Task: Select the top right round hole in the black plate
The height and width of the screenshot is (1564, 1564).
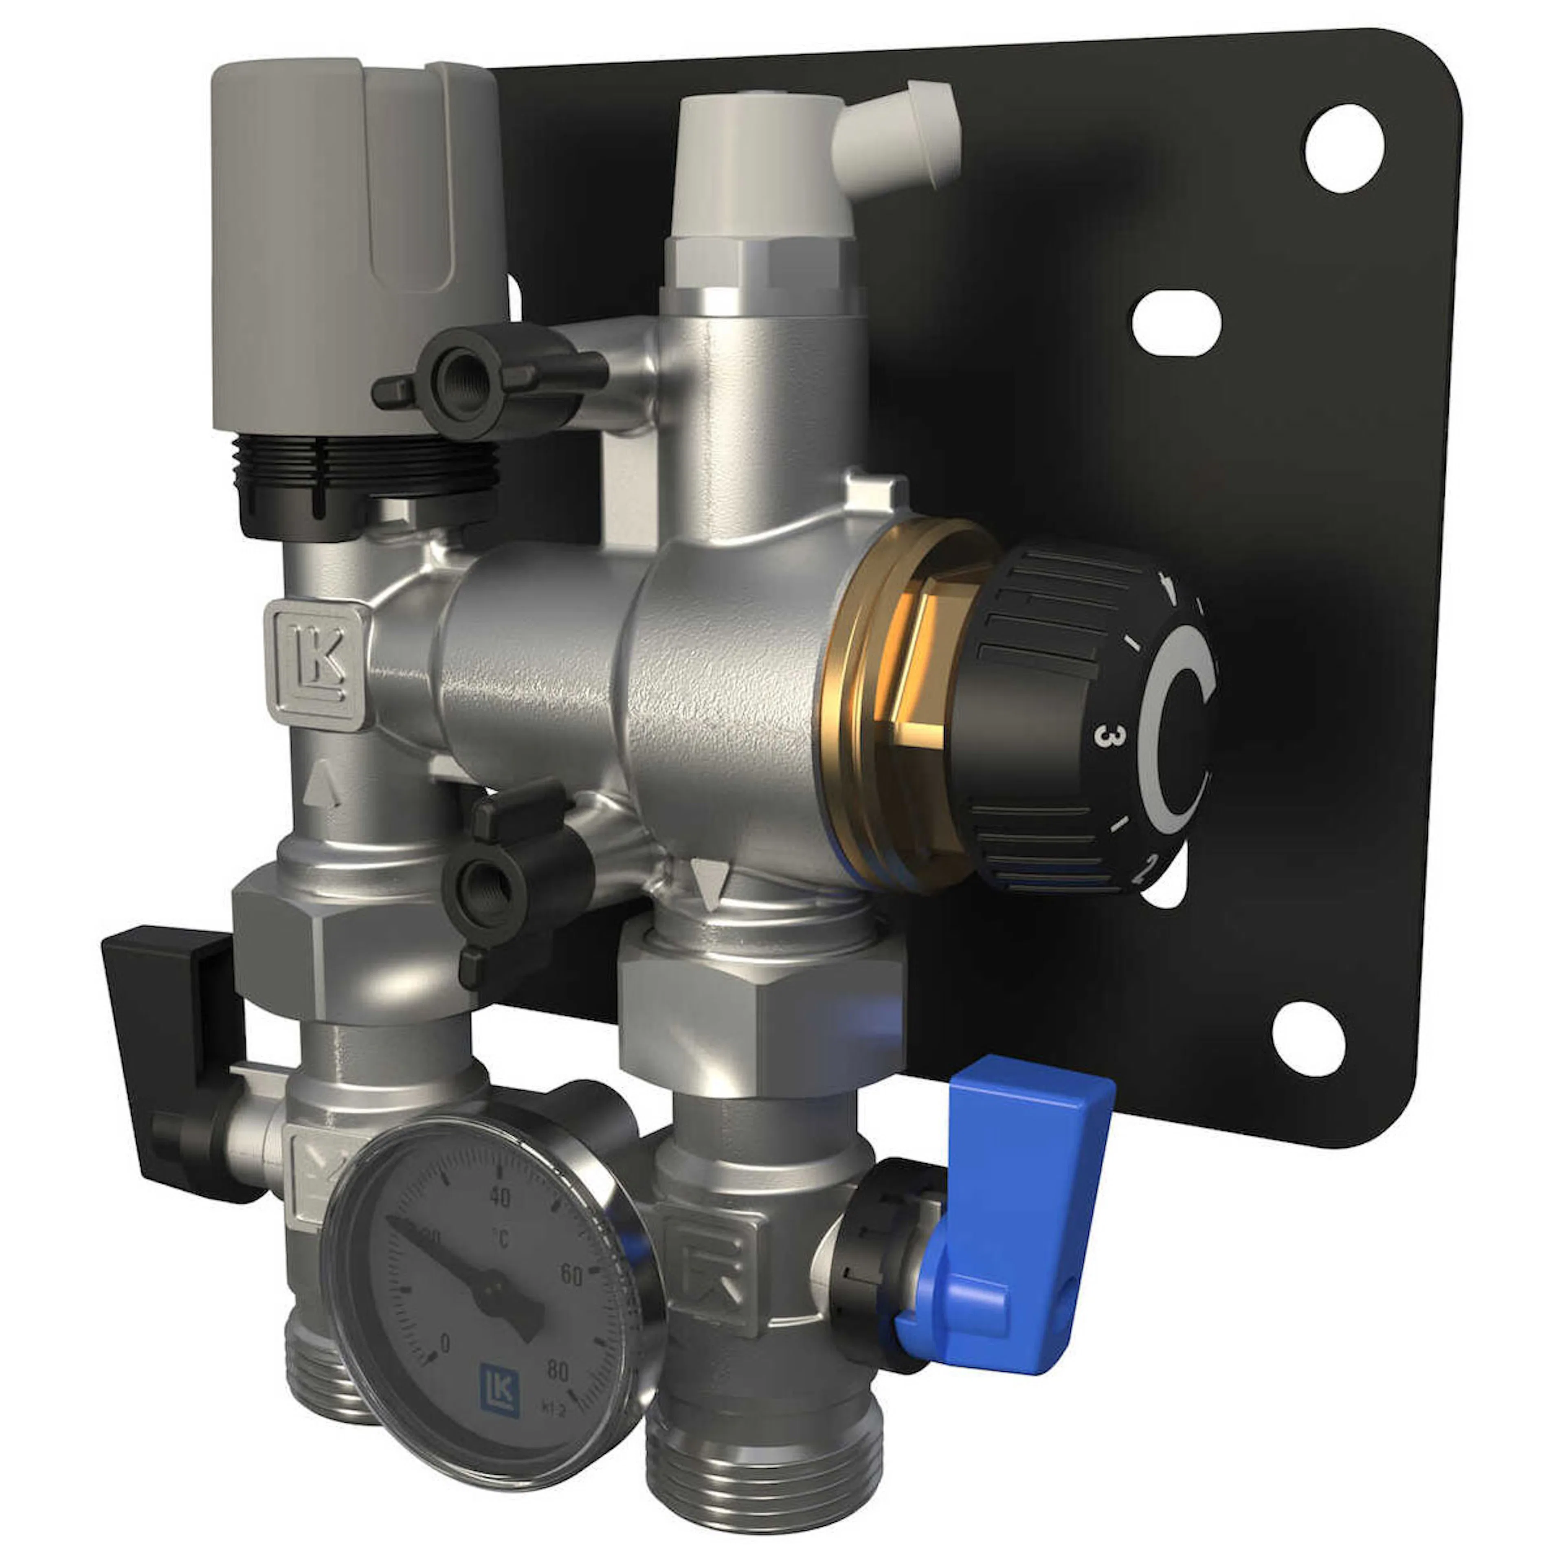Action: coord(1344,148)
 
